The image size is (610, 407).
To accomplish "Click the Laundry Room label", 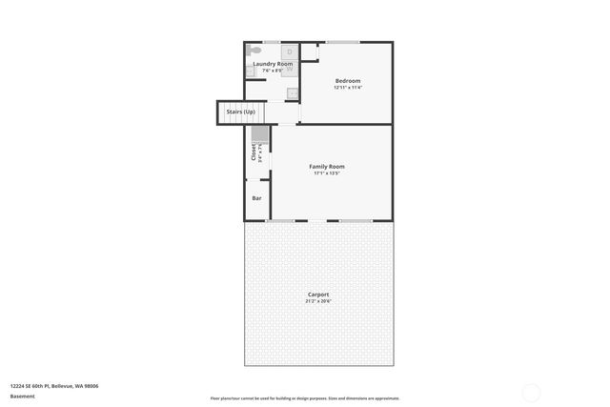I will pyautogui.click(x=273, y=64).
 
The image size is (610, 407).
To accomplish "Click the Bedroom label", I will pyautogui.click(x=348, y=80).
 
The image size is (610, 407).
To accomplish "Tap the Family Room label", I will pyautogui.click(x=326, y=166).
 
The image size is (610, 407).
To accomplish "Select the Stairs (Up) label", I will pyautogui.click(x=240, y=112).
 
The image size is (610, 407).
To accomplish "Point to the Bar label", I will pyautogui.click(x=256, y=198).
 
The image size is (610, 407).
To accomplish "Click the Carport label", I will pyautogui.click(x=318, y=295).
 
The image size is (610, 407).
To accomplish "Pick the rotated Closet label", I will pyautogui.click(x=254, y=151).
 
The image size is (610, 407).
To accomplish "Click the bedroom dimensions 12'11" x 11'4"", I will pyautogui.click(x=348, y=88).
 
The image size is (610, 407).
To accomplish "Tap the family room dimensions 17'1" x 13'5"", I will pyautogui.click(x=326, y=173).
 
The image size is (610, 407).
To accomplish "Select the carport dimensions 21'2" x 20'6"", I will pyautogui.click(x=318, y=301).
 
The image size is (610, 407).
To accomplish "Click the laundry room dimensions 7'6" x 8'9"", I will pyautogui.click(x=273, y=71).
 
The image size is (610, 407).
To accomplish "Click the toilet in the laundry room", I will pyautogui.click(x=253, y=50).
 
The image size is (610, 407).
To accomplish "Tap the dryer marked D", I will pyautogui.click(x=290, y=51).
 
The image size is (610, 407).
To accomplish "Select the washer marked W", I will pyautogui.click(x=290, y=69).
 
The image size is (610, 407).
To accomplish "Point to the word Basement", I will pyautogui.click(x=22, y=396).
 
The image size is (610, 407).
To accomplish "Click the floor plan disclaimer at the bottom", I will pyautogui.click(x=305, y=398).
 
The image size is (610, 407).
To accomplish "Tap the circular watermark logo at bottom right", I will pyautogui.click(x=532, y=391).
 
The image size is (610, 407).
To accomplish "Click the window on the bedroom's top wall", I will pyautogui.click(x=342, y=42).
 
